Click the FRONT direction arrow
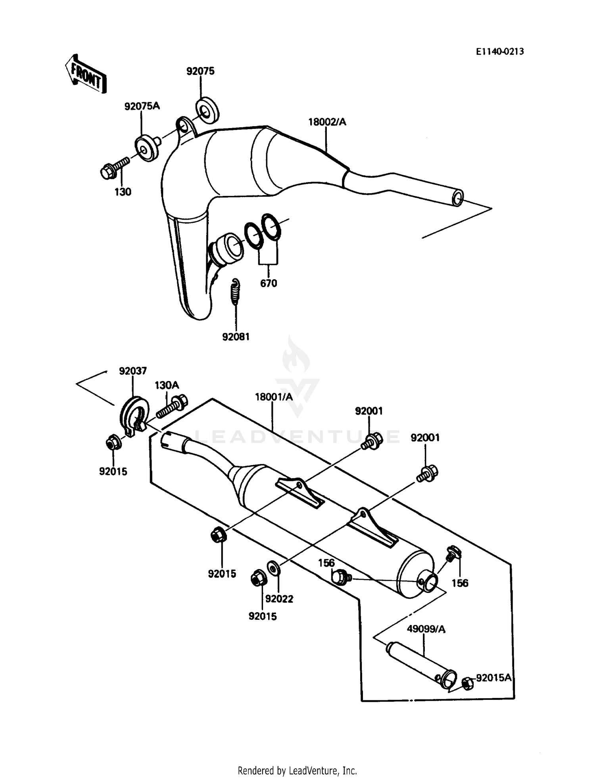86,74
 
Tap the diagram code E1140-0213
500,52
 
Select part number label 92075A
142,106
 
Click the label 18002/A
327,122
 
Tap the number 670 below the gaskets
269,284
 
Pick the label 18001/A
274,397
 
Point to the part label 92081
236,337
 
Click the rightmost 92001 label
425,438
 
